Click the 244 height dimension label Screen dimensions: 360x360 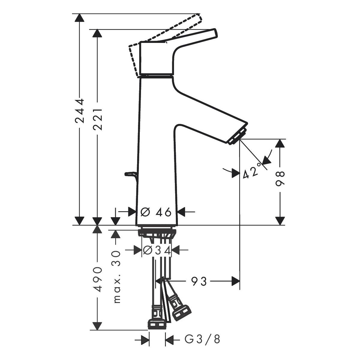coord(79,111)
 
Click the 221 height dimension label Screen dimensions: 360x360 coord(97,119)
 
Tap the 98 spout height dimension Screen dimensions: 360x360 coord(280,179)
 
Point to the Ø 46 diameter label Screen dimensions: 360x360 coord(156,212)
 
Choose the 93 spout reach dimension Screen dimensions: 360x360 coord(199,281)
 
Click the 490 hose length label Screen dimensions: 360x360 coord(97,279)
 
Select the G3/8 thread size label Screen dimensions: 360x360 coord(202,339)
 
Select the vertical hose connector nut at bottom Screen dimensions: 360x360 coord(157,324)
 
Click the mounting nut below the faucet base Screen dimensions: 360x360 coord(157,232)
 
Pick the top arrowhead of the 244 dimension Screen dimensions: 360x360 coord(79,18)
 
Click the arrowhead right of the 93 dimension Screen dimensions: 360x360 coord(235,281)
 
